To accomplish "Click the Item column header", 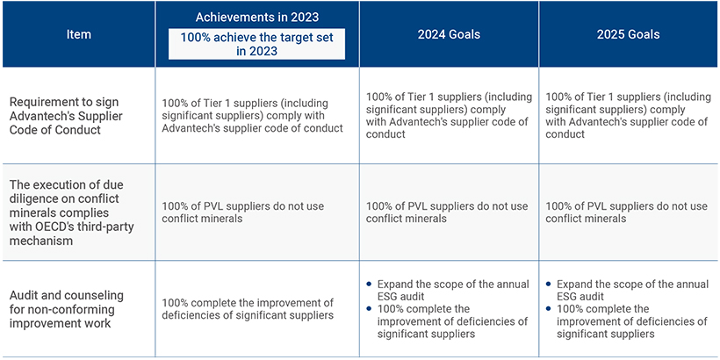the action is tap(78, 34).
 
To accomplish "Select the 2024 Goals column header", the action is tap(449, 34).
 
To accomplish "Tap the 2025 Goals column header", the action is tap(628, 34).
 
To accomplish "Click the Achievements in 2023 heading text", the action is tap(257, 17).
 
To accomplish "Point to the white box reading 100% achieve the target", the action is tap(256, 44).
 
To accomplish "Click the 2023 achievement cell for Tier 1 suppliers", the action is tap(252, 116).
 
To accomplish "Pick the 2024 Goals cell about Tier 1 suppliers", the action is tap(449, 116).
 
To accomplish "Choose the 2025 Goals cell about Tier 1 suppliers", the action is tap(628, 116).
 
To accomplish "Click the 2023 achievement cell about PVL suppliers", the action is tap(242, 212).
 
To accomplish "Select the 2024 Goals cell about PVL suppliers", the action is tap(447, 212).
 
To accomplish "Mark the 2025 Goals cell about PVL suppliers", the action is tap(626, 212).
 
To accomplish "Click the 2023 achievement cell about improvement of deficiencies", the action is tap(247, 308).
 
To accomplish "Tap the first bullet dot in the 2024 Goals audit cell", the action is tap(369, 284).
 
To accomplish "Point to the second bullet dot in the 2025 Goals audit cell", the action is tap(548, 309).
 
